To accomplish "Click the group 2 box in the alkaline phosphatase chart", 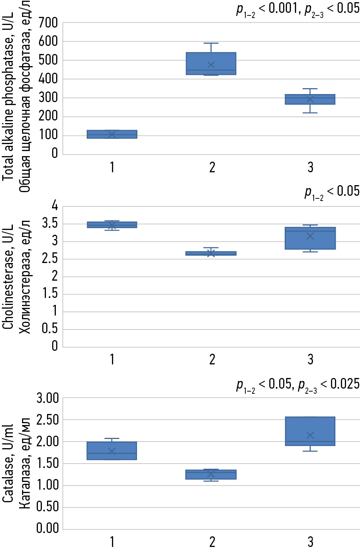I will click(211, 63).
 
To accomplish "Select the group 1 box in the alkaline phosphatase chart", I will click(112, 134).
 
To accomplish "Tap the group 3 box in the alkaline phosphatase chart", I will click(310, 99).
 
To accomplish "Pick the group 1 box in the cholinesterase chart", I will click(112, 225).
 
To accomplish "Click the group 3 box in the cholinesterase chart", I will click(310, 238).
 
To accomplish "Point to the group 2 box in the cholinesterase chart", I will click(211, 253).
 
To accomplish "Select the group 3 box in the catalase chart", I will click(310, 431).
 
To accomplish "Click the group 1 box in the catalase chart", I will click(112, 451).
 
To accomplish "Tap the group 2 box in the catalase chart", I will click(211, 474).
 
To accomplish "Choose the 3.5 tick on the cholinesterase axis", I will click(50, 223).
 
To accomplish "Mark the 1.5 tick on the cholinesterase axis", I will click(50, 293).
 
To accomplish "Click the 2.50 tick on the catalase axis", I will click(48, 419).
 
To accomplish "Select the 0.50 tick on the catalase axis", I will click(48, 507).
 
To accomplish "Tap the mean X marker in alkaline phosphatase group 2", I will click(211, 65).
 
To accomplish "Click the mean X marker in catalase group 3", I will click(310, 435).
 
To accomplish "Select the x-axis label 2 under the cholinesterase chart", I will click(212, 360).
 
